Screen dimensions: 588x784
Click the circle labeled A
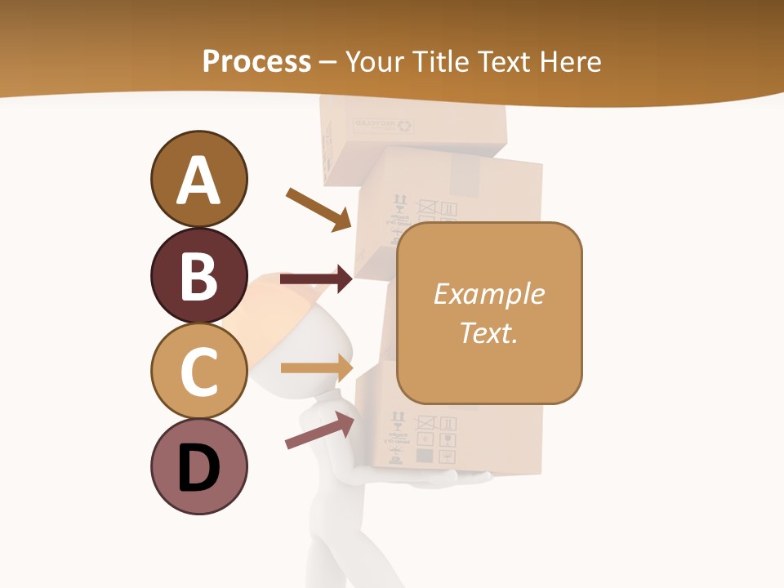(198, 179)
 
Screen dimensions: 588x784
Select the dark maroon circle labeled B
(198, 275)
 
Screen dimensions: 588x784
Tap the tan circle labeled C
(198, 371)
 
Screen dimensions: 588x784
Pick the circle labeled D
(198, 466)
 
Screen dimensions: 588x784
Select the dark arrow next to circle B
(316, 279)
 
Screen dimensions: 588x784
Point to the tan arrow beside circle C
(316, 367)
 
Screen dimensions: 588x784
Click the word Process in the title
(256, 61)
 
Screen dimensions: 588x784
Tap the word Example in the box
(488, 294)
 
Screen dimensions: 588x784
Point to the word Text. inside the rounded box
(488, 332)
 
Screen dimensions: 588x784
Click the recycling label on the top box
(384, 125)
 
